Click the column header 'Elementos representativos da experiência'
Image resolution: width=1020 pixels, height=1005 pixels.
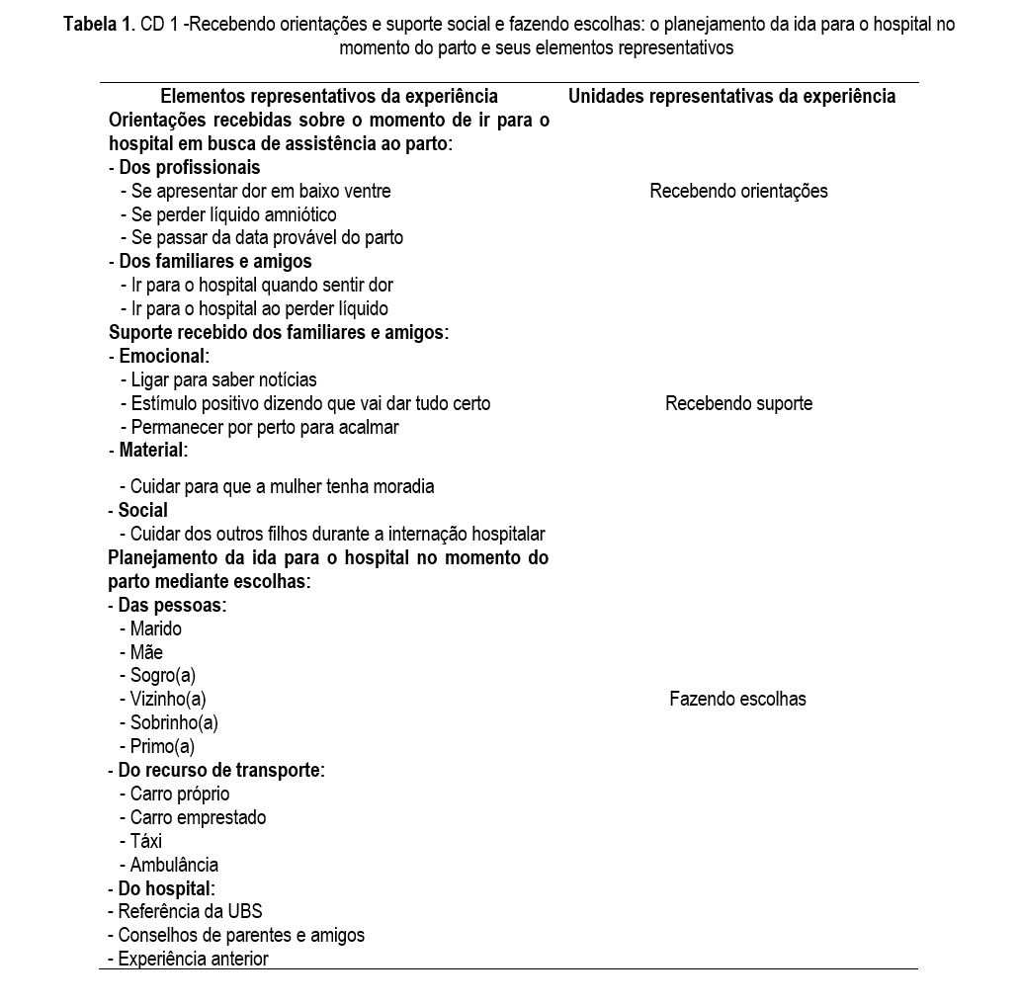[328, 97]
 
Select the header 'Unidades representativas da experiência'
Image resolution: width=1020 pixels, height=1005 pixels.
[731, 97]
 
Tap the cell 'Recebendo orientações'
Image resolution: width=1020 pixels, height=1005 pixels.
[738, 192]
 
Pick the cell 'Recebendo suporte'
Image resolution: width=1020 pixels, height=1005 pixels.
[738, 403]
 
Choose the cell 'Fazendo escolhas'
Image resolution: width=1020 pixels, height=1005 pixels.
[737, 699]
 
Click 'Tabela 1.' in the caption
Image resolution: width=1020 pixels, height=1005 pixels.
[99, 25]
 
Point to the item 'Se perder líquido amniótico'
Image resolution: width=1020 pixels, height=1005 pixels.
[233, 214]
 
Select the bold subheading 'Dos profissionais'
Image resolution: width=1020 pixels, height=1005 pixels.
[189, 167]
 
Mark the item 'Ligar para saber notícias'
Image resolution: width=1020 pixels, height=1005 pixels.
[223, 379]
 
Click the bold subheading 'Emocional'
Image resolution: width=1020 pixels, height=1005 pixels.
[164, 356]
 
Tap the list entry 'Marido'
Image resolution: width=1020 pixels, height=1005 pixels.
[155, 628]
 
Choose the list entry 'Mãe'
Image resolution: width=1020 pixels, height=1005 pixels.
[146, 652]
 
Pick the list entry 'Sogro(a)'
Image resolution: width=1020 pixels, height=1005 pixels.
[163, 676]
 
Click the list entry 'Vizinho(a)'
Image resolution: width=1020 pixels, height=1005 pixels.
[168, 699]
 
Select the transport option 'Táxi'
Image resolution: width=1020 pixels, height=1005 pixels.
[145, 841]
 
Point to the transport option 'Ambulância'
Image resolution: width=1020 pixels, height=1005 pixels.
[174, 865]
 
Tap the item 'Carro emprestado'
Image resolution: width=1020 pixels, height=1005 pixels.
[198, 817]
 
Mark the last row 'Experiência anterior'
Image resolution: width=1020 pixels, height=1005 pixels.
[193, 959]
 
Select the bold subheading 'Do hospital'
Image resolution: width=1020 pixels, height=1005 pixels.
[166, 888]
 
